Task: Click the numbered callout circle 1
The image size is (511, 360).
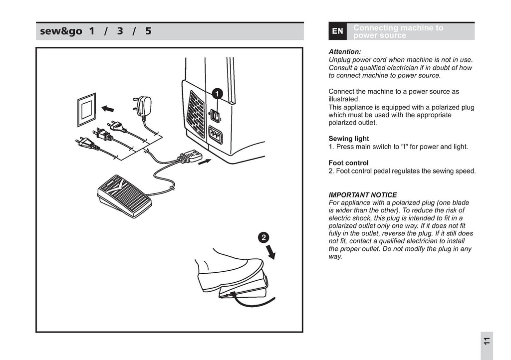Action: coord(217,93)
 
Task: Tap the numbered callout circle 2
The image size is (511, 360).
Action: coord(264,237)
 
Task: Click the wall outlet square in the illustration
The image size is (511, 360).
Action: coord(86,109)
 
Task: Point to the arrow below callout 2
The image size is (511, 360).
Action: coord(271,252)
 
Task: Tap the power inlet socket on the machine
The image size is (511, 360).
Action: coord(215,135)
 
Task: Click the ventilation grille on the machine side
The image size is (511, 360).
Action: coord(196,114)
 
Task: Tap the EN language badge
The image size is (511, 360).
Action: coord(337,31)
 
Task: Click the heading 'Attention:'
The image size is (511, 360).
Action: coord(344,51)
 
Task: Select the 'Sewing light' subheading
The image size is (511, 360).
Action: coord(348,139)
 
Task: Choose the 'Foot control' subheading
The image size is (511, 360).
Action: coord(348,163)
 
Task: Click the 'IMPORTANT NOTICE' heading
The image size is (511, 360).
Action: coord(363,195)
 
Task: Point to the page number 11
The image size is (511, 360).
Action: coord(487,343)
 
